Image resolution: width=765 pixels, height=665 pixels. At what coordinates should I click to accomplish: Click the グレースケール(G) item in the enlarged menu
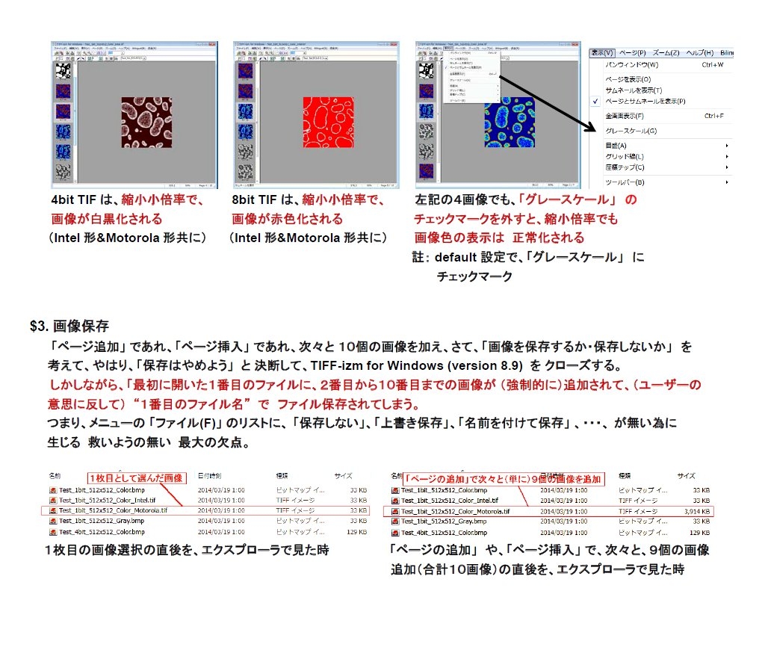click(x=631, y=131)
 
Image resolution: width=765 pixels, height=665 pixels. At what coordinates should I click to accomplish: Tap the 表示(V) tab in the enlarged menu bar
click(x=601, y=53)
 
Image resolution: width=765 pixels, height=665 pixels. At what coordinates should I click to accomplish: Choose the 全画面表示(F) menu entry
click(x=625, y=116)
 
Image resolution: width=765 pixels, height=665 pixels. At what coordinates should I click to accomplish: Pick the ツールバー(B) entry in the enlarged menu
click(x=625, y=182)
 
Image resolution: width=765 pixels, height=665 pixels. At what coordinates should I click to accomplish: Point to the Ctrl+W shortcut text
click(x=713, y=65)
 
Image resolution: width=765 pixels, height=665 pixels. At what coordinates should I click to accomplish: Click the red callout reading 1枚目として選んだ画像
click(x=135, y=477)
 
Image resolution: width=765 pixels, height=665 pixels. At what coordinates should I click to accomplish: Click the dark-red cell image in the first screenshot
click(x=146, y=122)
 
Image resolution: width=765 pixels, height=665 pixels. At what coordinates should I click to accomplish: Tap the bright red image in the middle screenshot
click(x=329, y=122)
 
